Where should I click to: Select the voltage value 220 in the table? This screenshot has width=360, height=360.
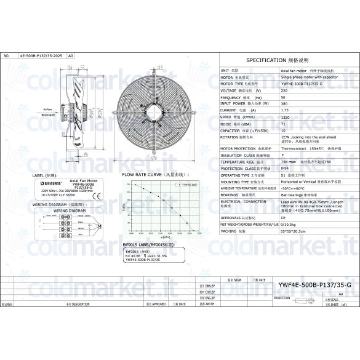283,90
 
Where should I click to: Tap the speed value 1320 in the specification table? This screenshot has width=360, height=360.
284,116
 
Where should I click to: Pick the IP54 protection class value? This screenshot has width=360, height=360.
284,168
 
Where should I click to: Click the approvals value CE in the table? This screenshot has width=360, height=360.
283,217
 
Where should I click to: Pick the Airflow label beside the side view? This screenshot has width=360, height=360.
65,109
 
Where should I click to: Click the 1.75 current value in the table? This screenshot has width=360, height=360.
284,110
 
